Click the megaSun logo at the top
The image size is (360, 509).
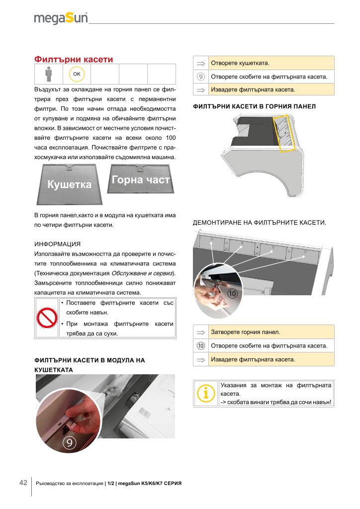tap(61, 18)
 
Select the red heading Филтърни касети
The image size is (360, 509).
tap(74, 60)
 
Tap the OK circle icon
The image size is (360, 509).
tap(77, 74)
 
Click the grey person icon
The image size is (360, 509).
tap(49, 74)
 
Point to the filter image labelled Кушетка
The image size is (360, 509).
tap(70, 184)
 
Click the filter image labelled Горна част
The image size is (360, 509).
tap(141, 179)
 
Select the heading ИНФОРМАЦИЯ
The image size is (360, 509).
tap(58, 244)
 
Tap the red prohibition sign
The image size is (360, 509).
tap(47, 318)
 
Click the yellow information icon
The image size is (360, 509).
tap(205, 394)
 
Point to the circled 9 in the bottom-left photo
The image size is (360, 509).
tap(69, 442)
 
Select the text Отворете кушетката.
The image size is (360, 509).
tap(240, 63)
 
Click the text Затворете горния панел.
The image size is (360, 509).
tap(246, 332)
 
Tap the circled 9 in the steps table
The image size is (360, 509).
tap(200, 77)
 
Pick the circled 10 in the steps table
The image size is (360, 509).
tap(200, 346)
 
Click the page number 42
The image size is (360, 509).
tap(23, 483)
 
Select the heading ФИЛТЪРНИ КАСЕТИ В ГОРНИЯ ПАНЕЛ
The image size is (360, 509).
tap(254, 106)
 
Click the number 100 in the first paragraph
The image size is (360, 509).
tap(171, 138)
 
